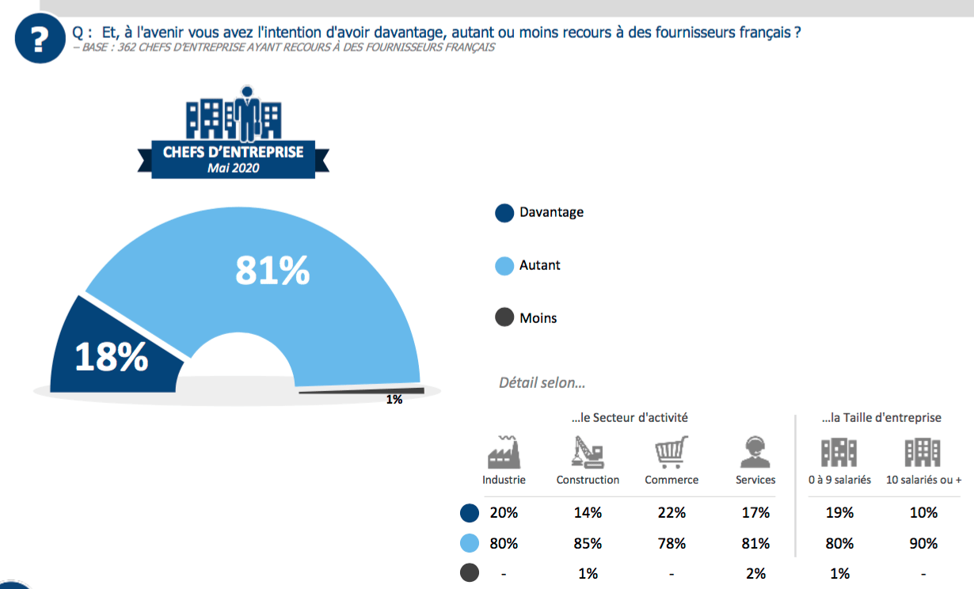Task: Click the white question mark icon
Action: (x=40, y=39)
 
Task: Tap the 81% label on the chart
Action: (x=272, y=271)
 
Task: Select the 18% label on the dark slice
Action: (x=112, y=356)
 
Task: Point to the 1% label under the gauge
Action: (x=394, y=400)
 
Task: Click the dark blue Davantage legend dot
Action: (x=504, y=213)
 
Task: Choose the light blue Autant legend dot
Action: (x=504, y=266)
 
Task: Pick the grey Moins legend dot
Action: (x=504, y=317)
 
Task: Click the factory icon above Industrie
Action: (x=504, y=452)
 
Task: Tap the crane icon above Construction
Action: (x=588, y=452)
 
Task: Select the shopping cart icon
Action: (x=672, y=452)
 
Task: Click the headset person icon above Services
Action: (x=755, y=452)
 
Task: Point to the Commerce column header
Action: (x=672, y=480)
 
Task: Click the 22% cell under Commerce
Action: (x=672, y=513)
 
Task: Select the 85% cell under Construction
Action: (x=588, y=543)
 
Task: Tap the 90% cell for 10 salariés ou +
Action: (x=923, y=543)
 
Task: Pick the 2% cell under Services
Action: (x=755, y=574)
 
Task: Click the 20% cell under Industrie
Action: (x=504, y=513)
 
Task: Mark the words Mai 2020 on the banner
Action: (x=233, y=168)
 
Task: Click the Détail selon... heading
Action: (x=542, y=383)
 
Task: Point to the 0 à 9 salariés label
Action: (x=839, y=480)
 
